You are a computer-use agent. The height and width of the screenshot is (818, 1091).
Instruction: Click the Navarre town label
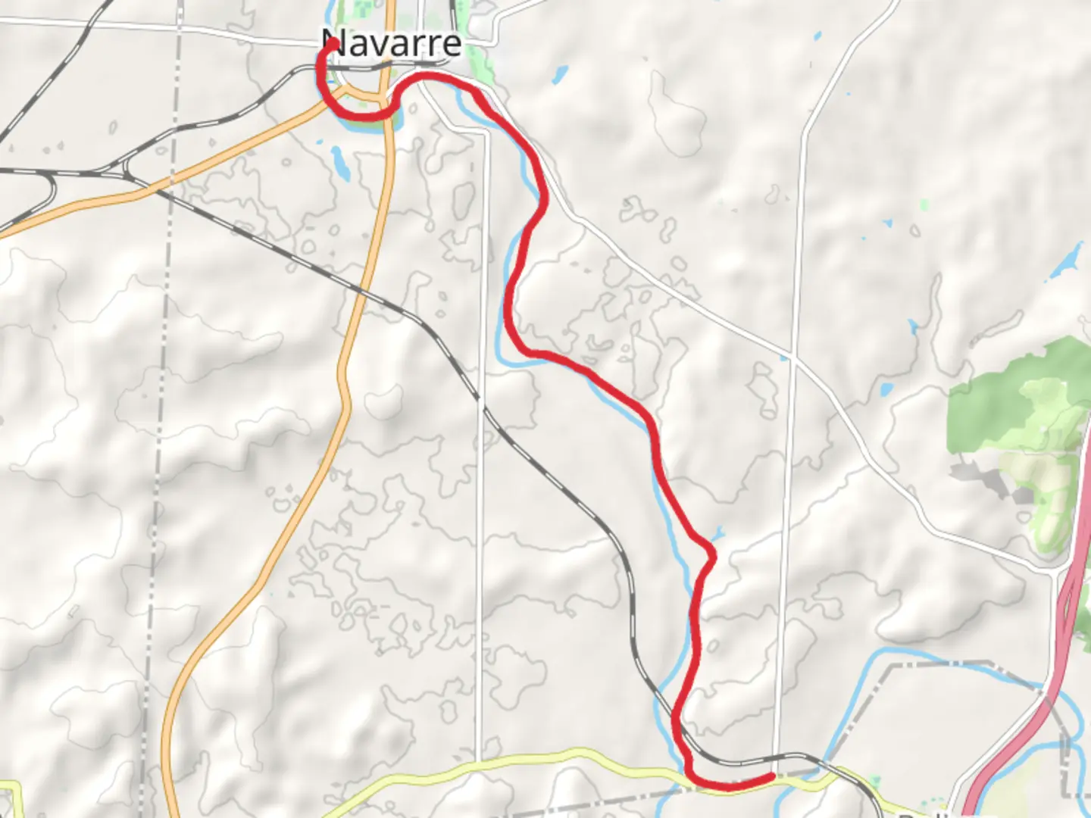(x=392, y=42)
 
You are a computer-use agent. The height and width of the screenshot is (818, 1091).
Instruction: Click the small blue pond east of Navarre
(x=560, y=74)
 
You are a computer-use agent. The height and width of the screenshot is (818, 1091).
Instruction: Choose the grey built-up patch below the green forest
(x=985, y=477)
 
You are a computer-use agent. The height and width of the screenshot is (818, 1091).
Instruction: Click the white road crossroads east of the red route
(x=791, y=356)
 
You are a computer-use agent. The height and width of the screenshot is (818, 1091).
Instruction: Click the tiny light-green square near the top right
(x=923, y=204)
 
